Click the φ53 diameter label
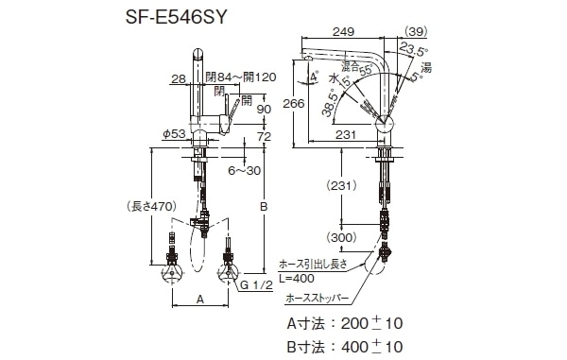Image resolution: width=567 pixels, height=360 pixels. click(x=171, y=134)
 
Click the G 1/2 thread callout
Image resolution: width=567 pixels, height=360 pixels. click(x=255, y=283)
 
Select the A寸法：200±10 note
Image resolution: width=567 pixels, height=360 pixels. click(x=344, y=323)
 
